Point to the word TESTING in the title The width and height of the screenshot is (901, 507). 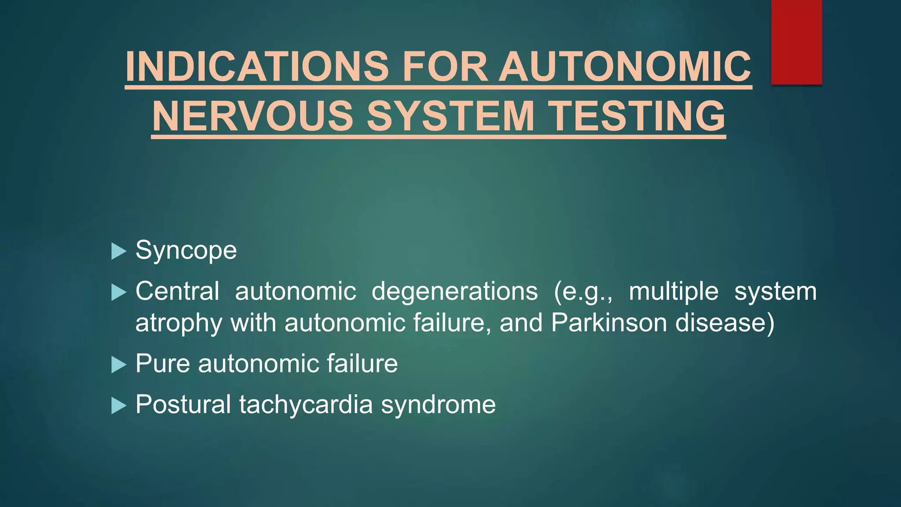pyautogui.click(x=638, y=116)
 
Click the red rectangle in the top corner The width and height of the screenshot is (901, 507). pyautogui.click(x=796, y=42)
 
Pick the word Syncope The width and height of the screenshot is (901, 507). pyautogui.click(x=186, y=251)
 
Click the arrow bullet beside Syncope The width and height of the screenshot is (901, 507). pyautogui.click(x=119, y=251)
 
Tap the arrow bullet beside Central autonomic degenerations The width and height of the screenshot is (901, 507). pyautogui.click(x=119, y=292)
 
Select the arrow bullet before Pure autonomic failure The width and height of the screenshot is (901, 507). pyautogui.click(x=119, y=364)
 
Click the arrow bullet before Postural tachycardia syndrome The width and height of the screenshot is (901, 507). pyautogui.click(x=119, y=405)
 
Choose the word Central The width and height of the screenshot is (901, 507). pyautogui.click(x=177, y=291)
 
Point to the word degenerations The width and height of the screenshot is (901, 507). pyautogui.click(x=454, y=291)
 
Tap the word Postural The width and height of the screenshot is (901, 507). pyautogui.click(x=183, y=404)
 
